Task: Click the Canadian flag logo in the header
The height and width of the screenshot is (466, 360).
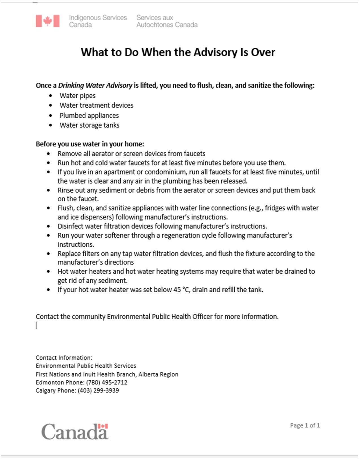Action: [x=47, y=21]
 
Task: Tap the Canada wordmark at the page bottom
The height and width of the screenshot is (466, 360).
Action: [x=75, y=432]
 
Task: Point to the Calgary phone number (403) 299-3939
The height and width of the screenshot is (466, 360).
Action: [x=98, y=391]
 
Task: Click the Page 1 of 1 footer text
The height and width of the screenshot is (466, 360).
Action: [x=305, y=425]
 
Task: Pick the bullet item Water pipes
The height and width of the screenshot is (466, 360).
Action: [x=78, y=96]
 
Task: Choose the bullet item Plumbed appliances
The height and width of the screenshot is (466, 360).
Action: [x=89, y=116]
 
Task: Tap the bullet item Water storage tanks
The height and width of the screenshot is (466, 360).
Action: [x=90, y=125]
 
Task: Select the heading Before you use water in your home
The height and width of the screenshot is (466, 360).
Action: [x=90, y=144]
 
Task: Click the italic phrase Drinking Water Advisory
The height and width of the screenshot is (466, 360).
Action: [x=95, y=85]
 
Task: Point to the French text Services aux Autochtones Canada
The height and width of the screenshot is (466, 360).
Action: [x=167, y=21]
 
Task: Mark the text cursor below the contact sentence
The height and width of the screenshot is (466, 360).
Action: [x=36, y=326]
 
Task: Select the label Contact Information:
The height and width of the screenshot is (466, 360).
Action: [x=64, y=358]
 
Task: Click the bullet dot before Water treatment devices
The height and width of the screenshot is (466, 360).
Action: [x=51, y=106]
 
